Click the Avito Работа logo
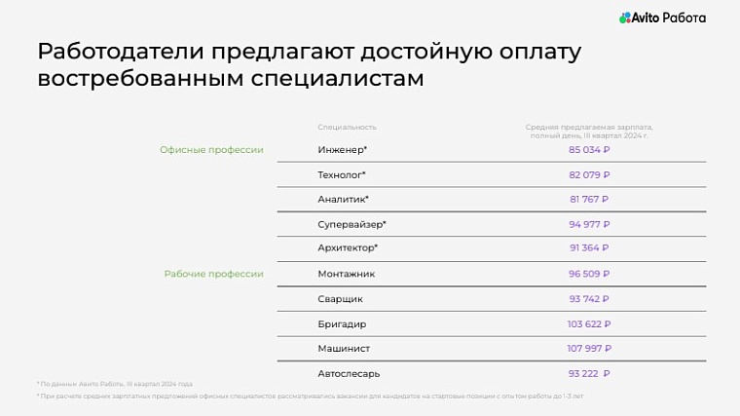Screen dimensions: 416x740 point(662,18)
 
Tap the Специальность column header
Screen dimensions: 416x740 point(347,127)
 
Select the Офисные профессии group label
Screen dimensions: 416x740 point(211,150)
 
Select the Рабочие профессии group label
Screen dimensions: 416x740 point(213,274)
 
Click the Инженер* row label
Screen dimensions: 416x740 point(343,150)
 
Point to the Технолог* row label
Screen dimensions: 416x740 point(342,174)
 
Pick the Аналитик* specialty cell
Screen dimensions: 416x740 point(343,199)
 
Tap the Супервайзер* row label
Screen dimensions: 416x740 point(352,224)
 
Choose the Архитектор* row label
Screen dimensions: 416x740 point(348,248)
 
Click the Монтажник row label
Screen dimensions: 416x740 point(346,274)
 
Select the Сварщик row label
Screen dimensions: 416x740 point(340,299)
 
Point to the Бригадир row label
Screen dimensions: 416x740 point(342,323)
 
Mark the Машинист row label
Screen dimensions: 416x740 point(344,348)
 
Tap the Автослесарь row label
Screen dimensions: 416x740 point(349,373)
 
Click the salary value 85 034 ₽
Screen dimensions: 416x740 point(589,150)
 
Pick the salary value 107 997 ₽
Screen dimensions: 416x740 point(589,348)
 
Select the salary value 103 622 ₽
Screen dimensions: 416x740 point(589,323)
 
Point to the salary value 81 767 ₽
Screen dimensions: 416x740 point(589,199)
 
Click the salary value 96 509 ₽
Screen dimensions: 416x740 point(589,274)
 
